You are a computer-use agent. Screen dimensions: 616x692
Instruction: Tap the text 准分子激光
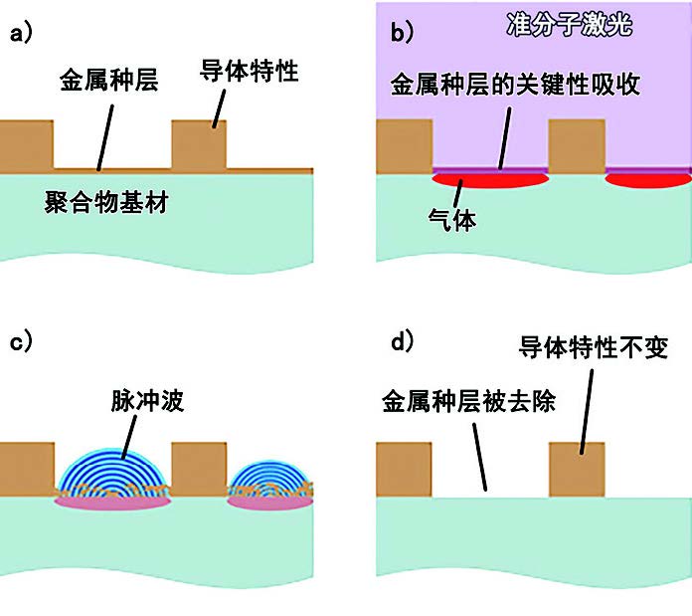click(576, 22)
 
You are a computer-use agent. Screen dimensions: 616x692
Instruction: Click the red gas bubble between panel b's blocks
click(491, 180)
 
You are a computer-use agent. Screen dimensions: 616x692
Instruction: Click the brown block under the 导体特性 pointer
click(199, 143)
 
